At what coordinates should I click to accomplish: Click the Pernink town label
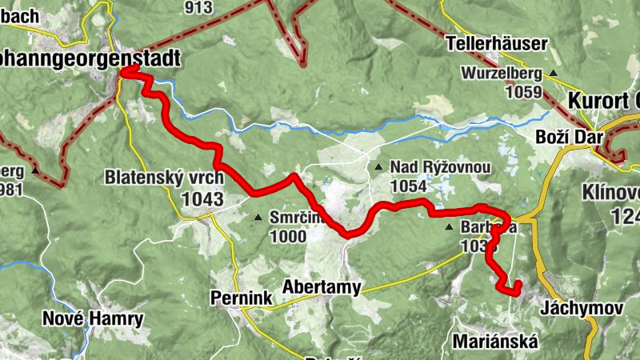(x=241, y=298)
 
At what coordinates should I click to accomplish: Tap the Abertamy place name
(x=322, y=287)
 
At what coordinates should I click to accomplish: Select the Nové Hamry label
(x=92, y=319)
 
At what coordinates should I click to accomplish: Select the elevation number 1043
(x=202, y=198)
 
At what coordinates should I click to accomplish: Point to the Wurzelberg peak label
(x=501, y=74)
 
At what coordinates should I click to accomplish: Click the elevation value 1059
(x=525, y=92)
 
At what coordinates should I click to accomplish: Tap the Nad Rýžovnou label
(x=440, y=166)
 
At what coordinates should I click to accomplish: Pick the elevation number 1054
(x=408, y=186)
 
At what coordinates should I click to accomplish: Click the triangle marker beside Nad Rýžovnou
(x=378, y=167)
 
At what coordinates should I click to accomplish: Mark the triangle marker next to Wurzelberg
(x=552, y=74)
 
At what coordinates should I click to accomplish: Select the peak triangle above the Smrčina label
(x=258, y=217)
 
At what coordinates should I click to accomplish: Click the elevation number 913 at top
(x=198, y=7)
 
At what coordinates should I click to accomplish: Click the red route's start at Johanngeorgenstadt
(x=124, y=73)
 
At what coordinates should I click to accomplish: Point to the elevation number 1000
(x=287, y=236)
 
